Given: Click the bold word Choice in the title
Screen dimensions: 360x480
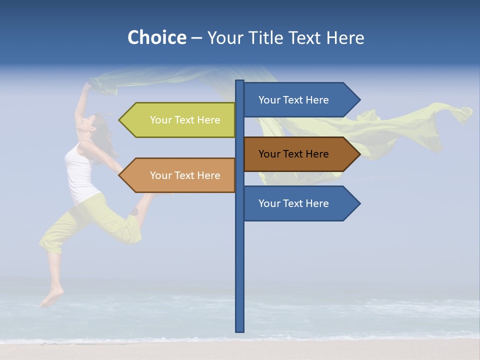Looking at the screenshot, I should pos(156,37).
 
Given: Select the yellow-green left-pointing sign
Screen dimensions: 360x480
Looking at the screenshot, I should pos(185,120).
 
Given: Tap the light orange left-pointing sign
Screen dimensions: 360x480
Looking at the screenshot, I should pos(185,175).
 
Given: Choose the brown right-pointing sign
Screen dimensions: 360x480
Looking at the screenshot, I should pos(294,154).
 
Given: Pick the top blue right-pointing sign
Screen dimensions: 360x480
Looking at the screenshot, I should pos(294,100).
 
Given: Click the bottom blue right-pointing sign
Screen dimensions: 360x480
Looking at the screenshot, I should pos(294,203).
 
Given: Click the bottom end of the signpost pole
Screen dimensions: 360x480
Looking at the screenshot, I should pos(240,330).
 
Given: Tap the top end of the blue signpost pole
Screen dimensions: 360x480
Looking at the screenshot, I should pos(240,82).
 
